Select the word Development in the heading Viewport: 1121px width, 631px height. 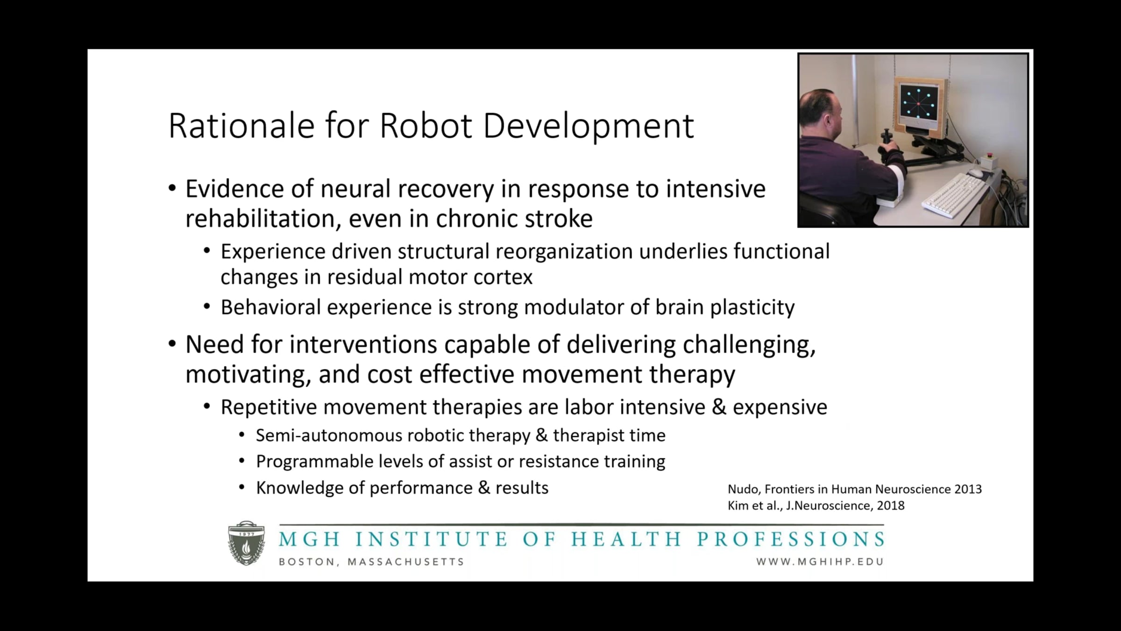pyautogui.click(x=588, y=126)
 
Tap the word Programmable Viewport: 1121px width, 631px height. pyautogui.click(x=314, y=462)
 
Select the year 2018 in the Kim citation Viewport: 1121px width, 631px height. pyautogui.click(x=891, y=505)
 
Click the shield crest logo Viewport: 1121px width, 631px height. pyautogui.click(x=246, y=543)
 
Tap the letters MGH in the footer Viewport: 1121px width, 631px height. pyautogui.click(x=309, y=539)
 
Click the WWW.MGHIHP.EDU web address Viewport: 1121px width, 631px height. pyautogui.click(x=820, y=562)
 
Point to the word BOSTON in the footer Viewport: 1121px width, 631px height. pyautogui.click(x=306, y=562)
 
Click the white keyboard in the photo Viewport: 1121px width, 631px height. pyautogui.click(x=954, y=195)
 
